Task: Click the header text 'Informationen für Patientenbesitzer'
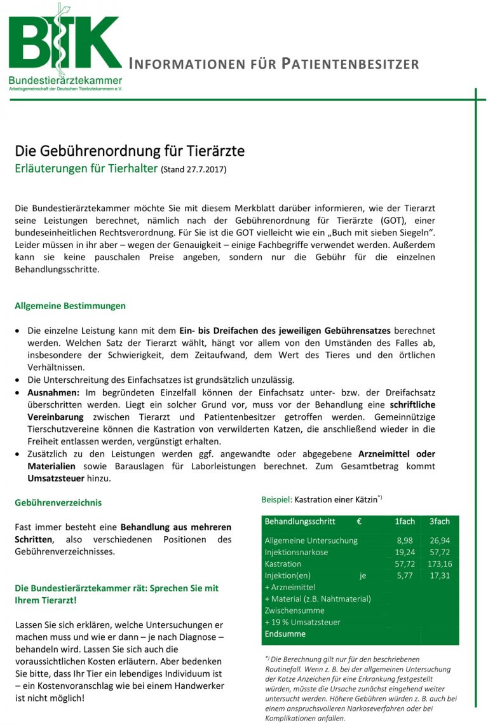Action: [x=273, y=64]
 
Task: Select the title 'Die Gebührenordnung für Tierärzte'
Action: [x=130, y=151]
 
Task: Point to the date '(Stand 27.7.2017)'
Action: [x=193, y=170]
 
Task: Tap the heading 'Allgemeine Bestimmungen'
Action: [x=70, y=306]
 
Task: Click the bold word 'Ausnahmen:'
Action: [x=53, y=393]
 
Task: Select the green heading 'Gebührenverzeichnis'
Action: [x=58, y=502]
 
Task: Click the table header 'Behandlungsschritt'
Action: [x=300, y=521]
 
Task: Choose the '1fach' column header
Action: [x=405, y=521]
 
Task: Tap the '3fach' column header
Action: [x=439, y=521]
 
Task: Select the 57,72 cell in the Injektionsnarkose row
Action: [x=440, y=552]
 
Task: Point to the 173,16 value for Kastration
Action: [x=438, y=564]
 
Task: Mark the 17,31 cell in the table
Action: [x=440, y=576]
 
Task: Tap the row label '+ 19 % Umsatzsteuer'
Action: [x=302, y=622]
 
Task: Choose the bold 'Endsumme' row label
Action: [x=285, y=634]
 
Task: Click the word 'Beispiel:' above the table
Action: [x=276, y=500]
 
